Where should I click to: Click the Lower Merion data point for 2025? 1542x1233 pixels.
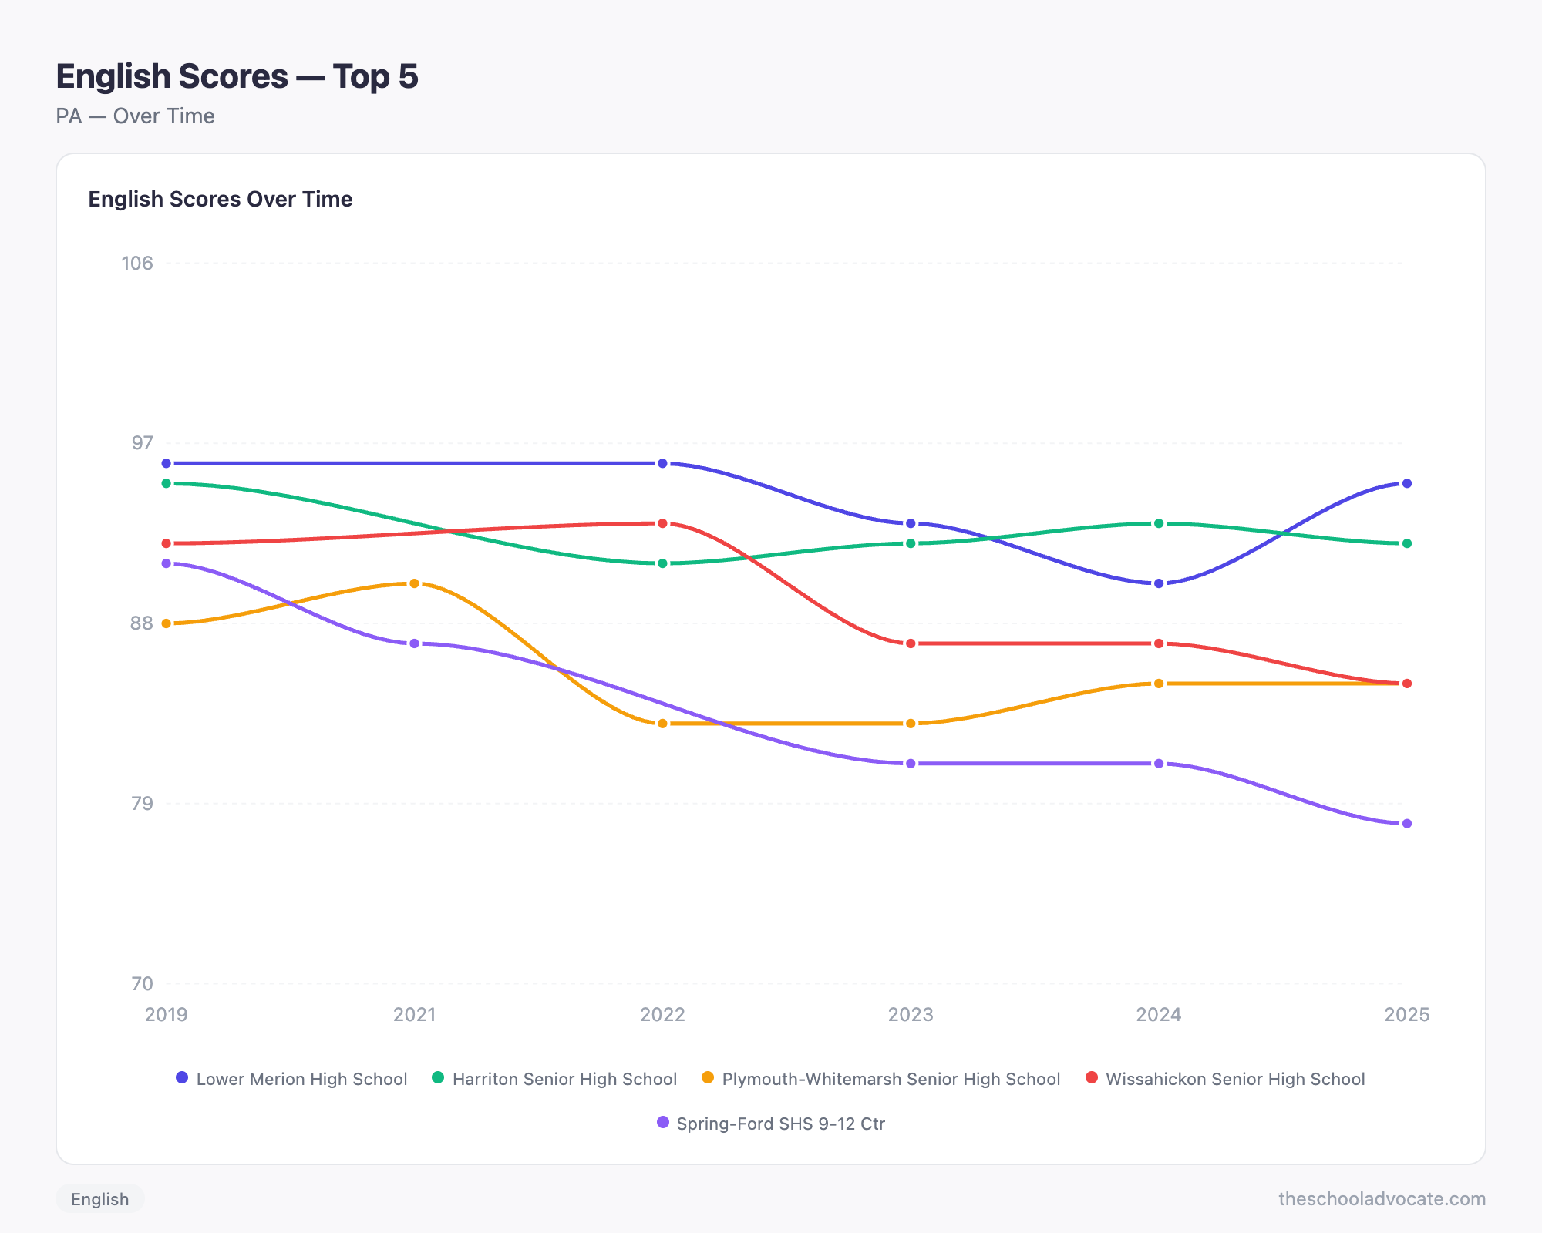click(x=1406, y=483)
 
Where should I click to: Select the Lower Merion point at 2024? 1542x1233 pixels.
click(x=1158, y=583)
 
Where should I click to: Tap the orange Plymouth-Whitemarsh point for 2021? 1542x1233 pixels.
click(x=414, y=583)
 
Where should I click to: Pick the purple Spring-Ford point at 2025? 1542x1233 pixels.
click(x=1406, y=824)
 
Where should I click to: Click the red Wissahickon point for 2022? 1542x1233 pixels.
click(x=662, y=523)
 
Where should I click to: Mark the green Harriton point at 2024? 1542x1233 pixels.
click(x=1158, y=523)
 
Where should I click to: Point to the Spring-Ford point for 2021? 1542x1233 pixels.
click(x=414, y=643)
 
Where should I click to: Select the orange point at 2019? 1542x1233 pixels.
click(x=167, y=623)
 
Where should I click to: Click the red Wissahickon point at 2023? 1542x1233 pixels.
click(x=911, y=643)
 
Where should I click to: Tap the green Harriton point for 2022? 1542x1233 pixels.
click(x=662, y=563)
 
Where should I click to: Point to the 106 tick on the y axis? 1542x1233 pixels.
click(x=137, y=263)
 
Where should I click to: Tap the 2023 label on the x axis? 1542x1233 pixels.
click(x=911, y=1014)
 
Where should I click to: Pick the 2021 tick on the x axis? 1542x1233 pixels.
click(x=414, y=1014)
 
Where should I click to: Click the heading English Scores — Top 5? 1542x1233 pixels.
click(x=237, y=76)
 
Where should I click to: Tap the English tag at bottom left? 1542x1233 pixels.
click(x=100, y=1199)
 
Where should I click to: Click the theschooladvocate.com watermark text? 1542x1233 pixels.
click(x=1382, y=1199)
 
